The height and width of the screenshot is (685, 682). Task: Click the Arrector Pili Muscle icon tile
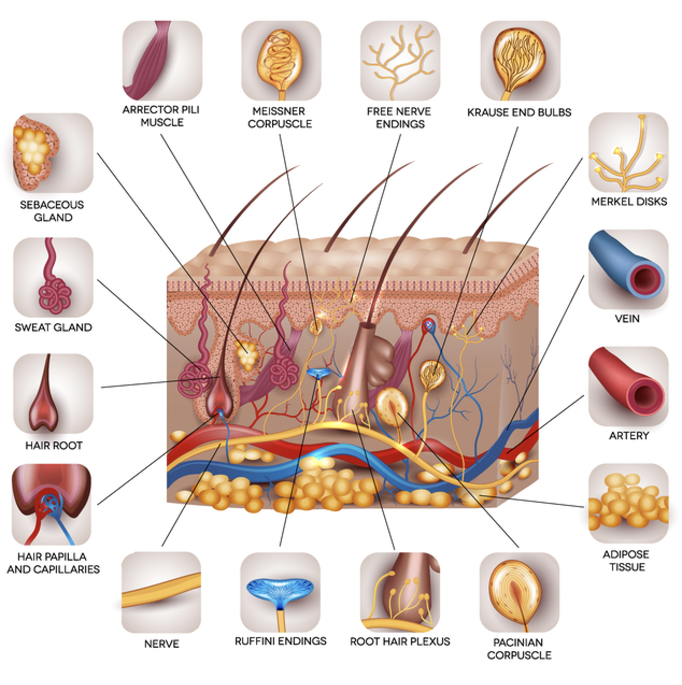(x=162, y=60)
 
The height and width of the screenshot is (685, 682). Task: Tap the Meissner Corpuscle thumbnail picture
(x=281, y=60)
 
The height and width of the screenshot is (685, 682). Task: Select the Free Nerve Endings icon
(x=400, y=60)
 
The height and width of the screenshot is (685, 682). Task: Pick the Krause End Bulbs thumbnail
(x=520, y=60)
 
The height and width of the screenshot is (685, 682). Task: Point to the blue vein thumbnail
(x=628, y=269)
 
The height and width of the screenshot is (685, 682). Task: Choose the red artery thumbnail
(x=628, y=386)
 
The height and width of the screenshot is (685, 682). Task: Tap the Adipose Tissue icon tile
(x=628, y=503)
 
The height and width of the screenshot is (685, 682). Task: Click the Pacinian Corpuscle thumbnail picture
(x=519, y=592)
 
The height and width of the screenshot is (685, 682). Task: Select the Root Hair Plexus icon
(x=400, y=592)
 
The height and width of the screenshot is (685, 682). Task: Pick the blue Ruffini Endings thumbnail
(x=280, y=592)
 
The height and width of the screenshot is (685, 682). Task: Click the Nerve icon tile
(x=161, y=592)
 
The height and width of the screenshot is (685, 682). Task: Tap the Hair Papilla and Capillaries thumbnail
(x=52, y=504)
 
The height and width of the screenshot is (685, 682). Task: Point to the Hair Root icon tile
(x=53, y=393)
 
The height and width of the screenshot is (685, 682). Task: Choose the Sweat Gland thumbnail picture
(x=53, y=277)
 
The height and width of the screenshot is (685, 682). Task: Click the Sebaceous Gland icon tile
(x=53, y=153)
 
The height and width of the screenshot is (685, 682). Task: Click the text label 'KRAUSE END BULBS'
(x=519, y=112)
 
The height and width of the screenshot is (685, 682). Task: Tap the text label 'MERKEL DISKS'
(x=629, y=202)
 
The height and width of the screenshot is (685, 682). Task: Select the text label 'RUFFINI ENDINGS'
(x=280, y=641)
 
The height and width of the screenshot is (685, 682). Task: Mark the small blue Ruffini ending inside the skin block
(x=319, y=373)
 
